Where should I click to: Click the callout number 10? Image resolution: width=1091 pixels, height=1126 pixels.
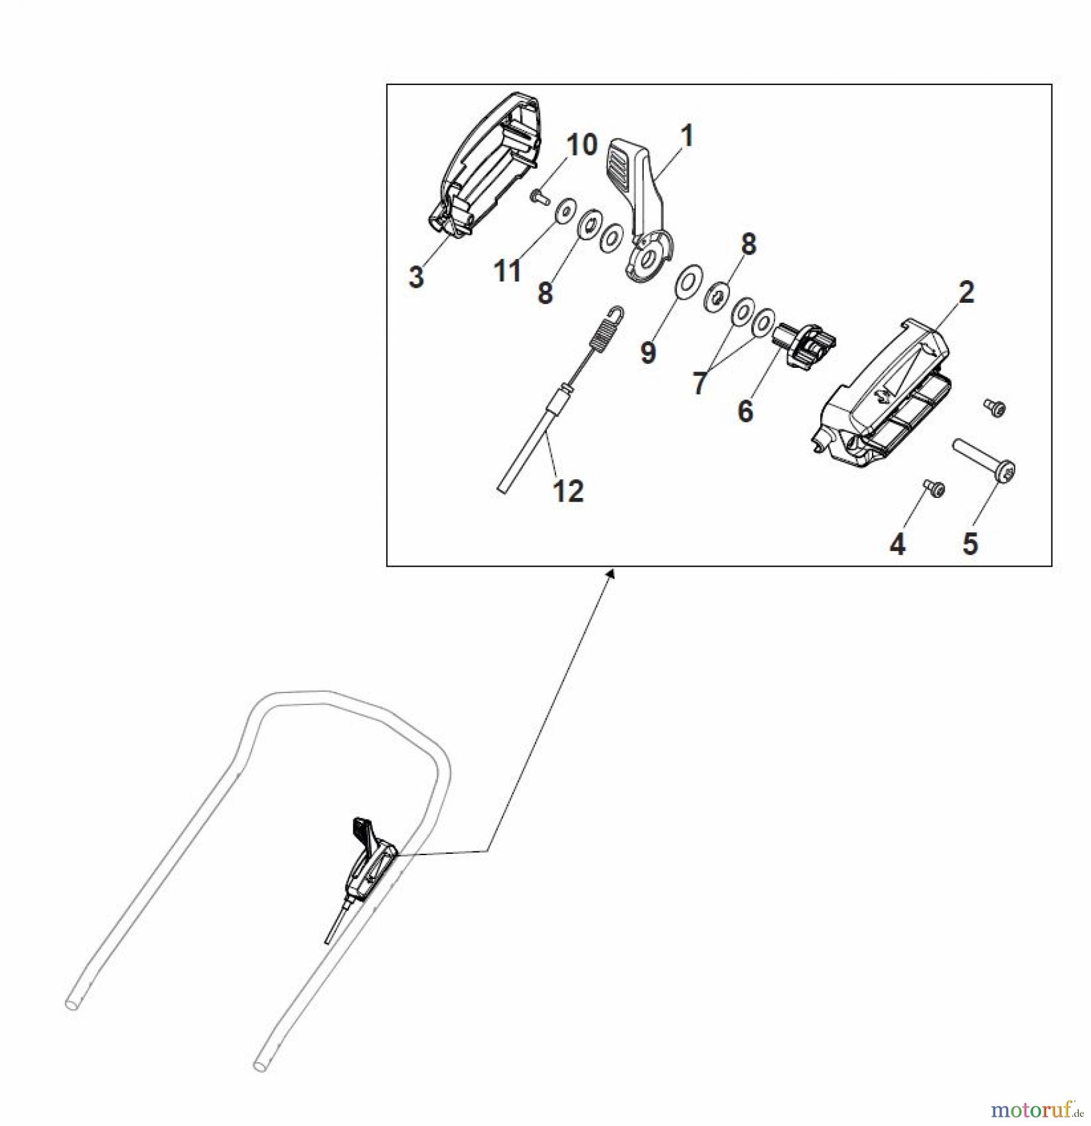pyautogui.click(x=582, y=145)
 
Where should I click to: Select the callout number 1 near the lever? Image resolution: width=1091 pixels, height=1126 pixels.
pyautogui.click(x=687, y=136)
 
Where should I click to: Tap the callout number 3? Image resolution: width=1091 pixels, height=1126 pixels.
pyautogui.click(x=416, y=276)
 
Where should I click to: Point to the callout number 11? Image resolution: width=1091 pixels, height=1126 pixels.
pyautogui.click(x=507, y=271)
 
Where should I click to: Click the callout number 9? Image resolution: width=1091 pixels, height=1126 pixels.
pyautogui.click(x=648, y=352)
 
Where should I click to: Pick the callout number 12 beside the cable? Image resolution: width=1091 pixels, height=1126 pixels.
pyautogui.click(x=568, y=491)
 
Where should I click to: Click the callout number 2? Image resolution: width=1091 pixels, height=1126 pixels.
pyautogui.click(x=967, y=292)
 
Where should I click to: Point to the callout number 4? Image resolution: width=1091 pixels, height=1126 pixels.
pyautogui.click(x=897, y=544)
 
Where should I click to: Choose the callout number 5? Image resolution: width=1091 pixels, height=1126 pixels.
pyautogui.click(x=970, y=544)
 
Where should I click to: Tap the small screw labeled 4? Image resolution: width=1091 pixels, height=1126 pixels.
pyautogui.click(x=934, y=489)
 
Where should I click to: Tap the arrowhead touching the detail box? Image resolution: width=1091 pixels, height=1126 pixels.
pyautogui.click(x=611, y=573)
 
